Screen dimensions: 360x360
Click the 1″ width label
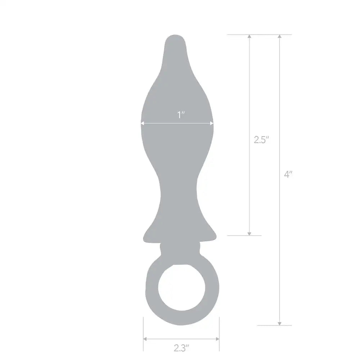(x=181, y=115)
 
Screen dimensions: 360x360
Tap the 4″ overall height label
(x=288, y=175)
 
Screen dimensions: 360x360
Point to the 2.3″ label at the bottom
(x=181, y=348)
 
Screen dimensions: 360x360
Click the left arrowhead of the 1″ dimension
(x=143, y=123)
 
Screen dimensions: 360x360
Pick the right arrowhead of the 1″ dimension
(x=212, y=123)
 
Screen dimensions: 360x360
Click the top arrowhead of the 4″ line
(x=280, y=37)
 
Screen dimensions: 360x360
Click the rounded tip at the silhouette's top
(x=175, y=39)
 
